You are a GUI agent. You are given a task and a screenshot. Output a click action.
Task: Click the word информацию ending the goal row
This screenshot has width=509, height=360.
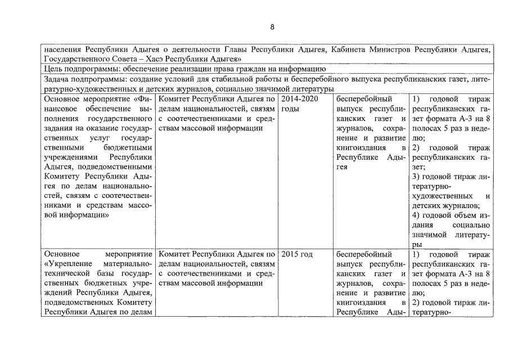pyautogui.click(x=306, y=69)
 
